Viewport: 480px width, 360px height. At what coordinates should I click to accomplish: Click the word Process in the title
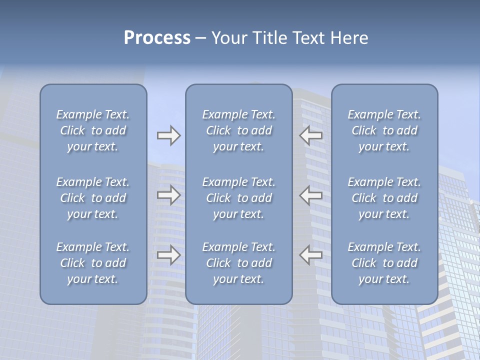pyautogui.click(x=157, y=38)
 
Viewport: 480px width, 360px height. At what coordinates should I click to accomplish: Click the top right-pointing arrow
pyautogui.click(x=168, y=135)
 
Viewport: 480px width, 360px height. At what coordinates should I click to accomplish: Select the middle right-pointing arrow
pyautogui.click(x=168, y=195)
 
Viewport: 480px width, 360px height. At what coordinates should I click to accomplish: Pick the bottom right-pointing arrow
pyautogui.click(x=168, y=254)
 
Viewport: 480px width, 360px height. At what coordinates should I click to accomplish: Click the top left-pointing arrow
pyautogui.click(x=311, y=135)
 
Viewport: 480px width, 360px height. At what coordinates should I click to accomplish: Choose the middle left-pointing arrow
pyautogui.click(x=311, y=195)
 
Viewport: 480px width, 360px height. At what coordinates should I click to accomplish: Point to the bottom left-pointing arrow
pyautogui.click(x=311, y=254)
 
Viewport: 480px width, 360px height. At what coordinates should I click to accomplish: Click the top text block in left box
pyautogui.click(x=93, y=130)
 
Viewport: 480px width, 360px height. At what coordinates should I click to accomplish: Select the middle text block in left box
pyautogui.click(x=93, y=198)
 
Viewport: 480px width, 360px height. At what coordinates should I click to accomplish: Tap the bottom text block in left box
pyautogui.click(x=93, y=263)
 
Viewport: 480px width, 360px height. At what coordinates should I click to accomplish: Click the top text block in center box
pyautogui.click(x=238, y=130)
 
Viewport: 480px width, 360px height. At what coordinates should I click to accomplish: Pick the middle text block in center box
pyautogui.click(x=238, y=198)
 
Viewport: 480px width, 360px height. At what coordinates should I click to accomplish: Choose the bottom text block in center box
pyautogui.click(x=238, y=263)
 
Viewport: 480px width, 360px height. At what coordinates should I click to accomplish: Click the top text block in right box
pyautogui.click(x=384, y=130)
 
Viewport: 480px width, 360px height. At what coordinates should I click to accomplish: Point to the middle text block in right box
pyautogui.click(x=384, y=198)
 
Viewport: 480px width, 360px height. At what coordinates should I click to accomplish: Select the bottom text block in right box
pyautogui.click(x=384, y=263)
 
